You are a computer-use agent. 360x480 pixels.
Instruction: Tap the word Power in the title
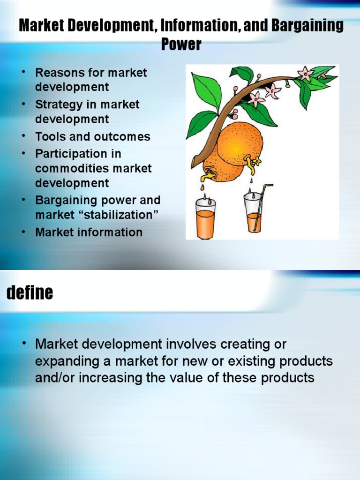pyautogui.click(x=181, y=45)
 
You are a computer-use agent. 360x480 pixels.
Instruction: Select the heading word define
pyautogui.click(x=30, y=293)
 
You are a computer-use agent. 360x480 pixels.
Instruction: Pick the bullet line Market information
pyautogui.click(x=89, y=232)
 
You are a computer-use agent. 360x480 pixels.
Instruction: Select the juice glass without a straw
pyautogui.click(x=205, y=218)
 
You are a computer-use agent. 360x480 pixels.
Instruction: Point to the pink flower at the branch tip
pyautogui.click(x=306, y=73)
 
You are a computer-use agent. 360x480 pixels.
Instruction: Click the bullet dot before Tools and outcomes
pyautogui.click(x=22, y=137)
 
